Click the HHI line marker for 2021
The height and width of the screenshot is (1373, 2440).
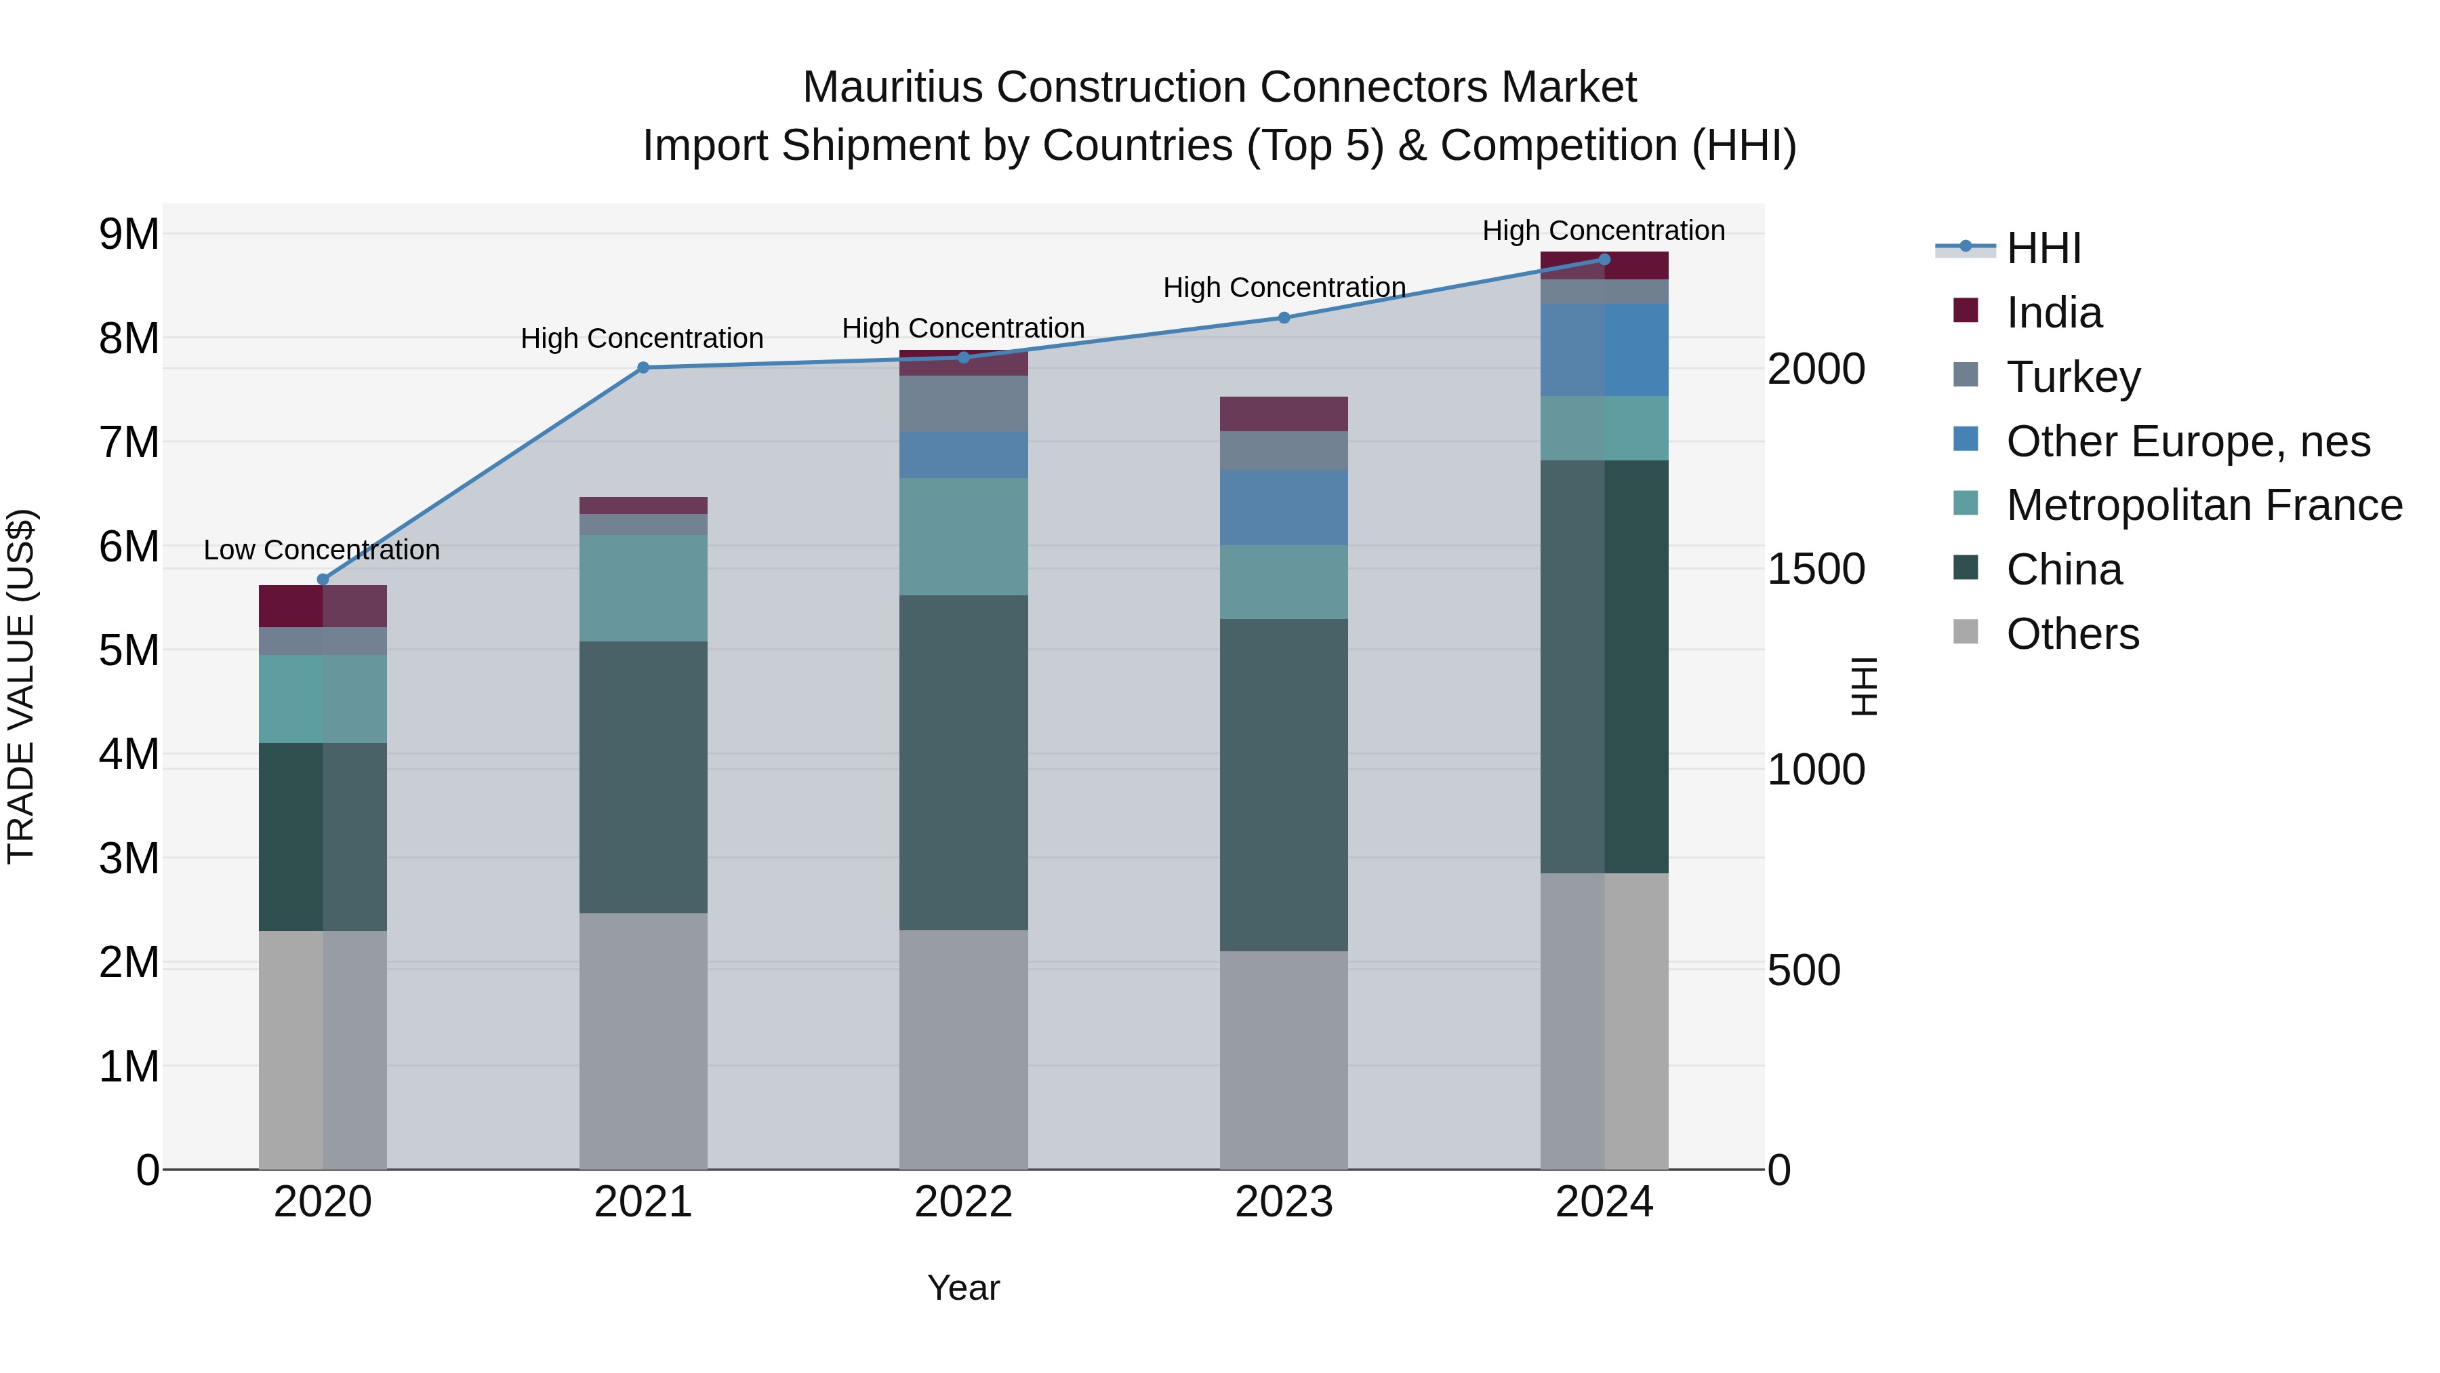643,367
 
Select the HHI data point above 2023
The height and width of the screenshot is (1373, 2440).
1284,317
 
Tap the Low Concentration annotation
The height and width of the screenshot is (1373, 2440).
321,550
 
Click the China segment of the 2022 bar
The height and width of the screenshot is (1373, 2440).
962,762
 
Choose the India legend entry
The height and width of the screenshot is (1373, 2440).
2054,313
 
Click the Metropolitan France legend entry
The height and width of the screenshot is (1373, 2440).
2203,505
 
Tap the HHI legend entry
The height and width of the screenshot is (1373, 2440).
2043,248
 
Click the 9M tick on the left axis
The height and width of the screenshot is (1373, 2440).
129,234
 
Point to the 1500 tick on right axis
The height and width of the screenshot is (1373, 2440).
1816,569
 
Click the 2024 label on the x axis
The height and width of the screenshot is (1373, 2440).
1604,1202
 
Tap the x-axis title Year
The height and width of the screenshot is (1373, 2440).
962,1288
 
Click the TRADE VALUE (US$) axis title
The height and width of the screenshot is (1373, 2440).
21,686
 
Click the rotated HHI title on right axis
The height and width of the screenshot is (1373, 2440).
1863,686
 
